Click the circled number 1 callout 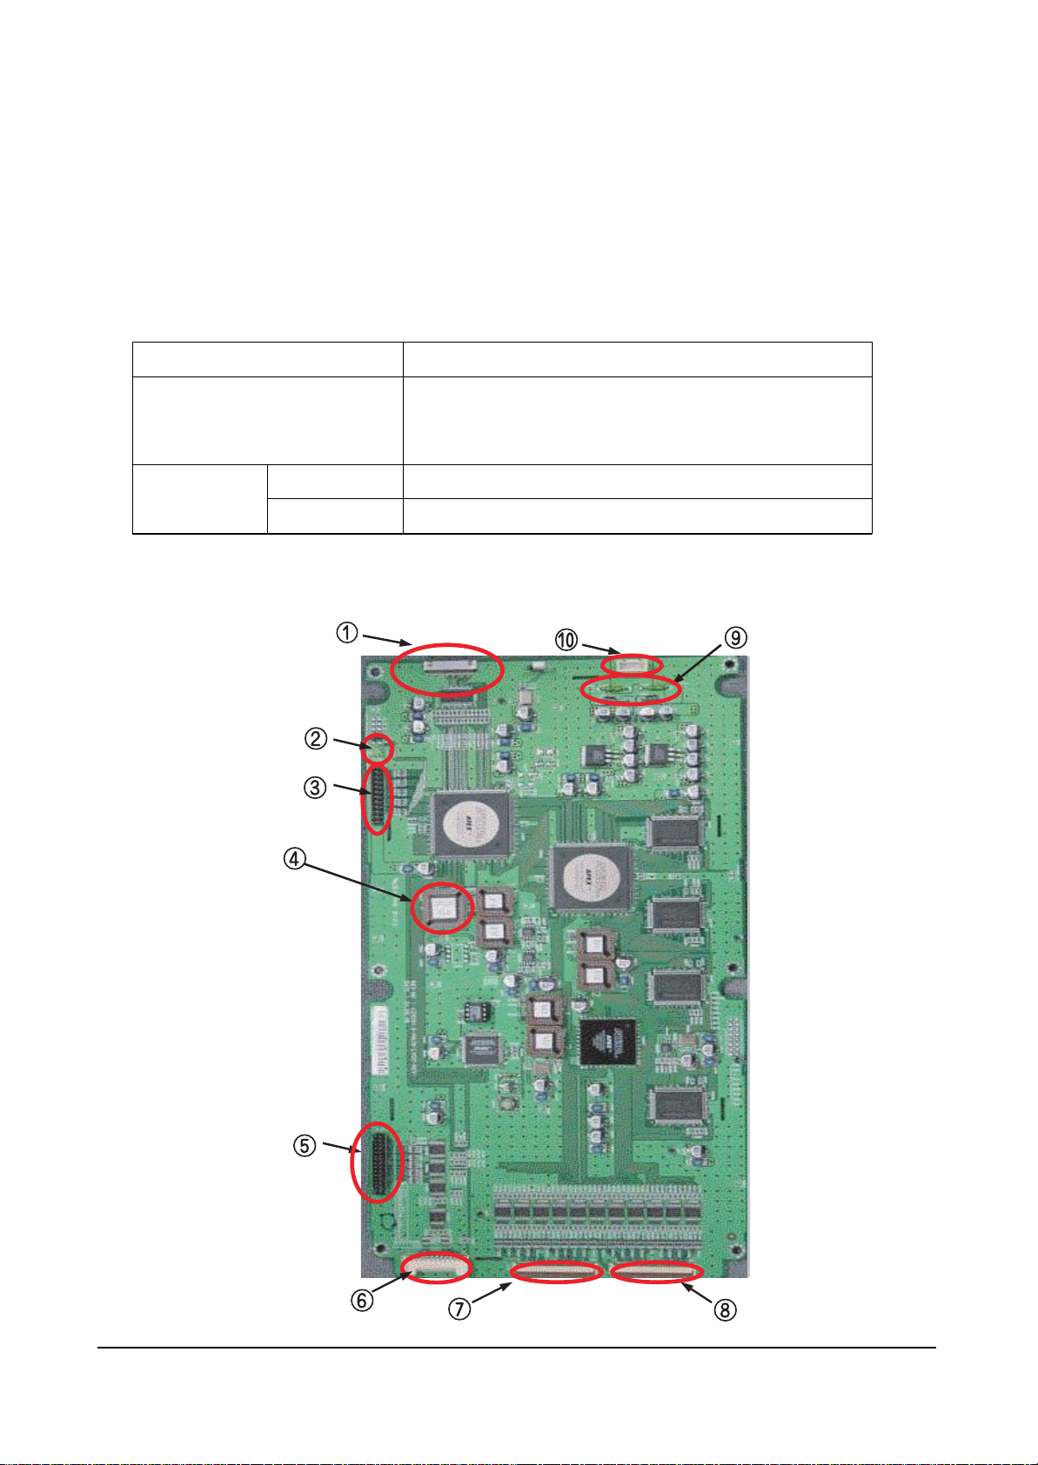[x=347, y=633]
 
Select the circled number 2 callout [x=315, y=739]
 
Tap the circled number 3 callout [x=315, y=788]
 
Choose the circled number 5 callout [x=304, y=1146]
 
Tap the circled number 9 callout [x=735, y=638]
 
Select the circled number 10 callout [x=566, y=640]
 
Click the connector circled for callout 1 [x=447, y=668]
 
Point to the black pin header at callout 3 [x=378, y=798]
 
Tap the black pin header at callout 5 [x=377, y=1162]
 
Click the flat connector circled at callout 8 [x=657, y=1274]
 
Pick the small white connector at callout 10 [x=632, y=666]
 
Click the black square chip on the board [x=608, y=1042]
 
